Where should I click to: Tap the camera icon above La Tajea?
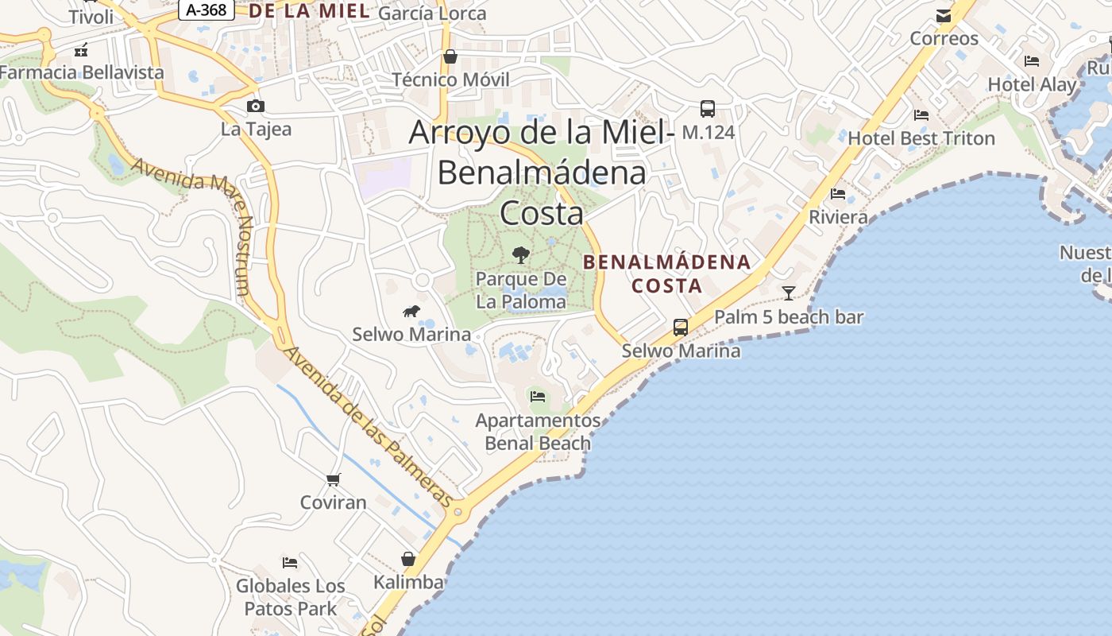[255, 106]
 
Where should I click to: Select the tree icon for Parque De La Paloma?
[521, 254]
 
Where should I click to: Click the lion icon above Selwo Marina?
[411, 311]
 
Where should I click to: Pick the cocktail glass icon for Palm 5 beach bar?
[788, 293]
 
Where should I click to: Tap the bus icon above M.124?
[707, 109]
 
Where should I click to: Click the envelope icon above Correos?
[944, 15]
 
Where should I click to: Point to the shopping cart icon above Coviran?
[334, 479]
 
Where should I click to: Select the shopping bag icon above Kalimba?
[408, 559]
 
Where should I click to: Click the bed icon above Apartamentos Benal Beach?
[538, 396]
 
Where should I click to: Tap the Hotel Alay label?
[1032, 84]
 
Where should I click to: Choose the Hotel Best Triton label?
[921, 138]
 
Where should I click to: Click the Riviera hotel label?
[838, 217]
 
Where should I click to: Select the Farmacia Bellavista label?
[81, 72]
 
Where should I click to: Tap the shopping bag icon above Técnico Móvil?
[450, 56]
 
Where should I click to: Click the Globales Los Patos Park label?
[291, 598]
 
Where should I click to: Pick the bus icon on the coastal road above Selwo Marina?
[681, 327]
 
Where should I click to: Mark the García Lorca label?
[432, 13]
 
